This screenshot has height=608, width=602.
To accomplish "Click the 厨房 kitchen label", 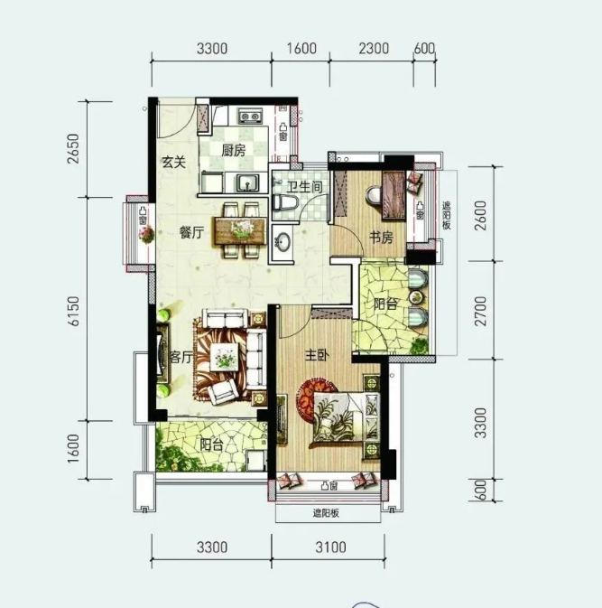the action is click(234, 151).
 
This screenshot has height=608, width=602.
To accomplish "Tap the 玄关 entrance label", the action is click(174, 162).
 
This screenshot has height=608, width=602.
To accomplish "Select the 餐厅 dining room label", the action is click(191, 233).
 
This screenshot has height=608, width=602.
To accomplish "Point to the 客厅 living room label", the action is click(181, 357).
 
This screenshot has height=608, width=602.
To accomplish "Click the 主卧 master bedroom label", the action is click(318, 355).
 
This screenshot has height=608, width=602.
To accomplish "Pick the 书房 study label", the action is click(381, 238).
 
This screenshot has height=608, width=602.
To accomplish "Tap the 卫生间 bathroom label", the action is click(304, 187).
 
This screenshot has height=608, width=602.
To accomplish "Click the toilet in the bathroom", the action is click(285, 202).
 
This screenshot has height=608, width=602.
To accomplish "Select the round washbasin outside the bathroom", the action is click(283, 242).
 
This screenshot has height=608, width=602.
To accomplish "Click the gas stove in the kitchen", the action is click(250, 116).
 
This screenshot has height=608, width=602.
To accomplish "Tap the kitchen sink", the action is click(248, 182).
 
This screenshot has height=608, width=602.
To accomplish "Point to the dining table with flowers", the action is click(241, 231).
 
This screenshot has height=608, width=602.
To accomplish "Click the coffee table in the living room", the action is click(225, 357).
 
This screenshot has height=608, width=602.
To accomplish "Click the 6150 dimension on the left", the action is click(73, 311).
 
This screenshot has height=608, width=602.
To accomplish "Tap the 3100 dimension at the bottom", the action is click(330, 547).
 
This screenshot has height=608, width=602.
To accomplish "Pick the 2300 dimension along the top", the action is click(374, 49).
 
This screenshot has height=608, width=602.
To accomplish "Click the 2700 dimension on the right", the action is click(480, 311).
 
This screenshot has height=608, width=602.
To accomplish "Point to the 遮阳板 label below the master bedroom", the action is click(326, 513).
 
